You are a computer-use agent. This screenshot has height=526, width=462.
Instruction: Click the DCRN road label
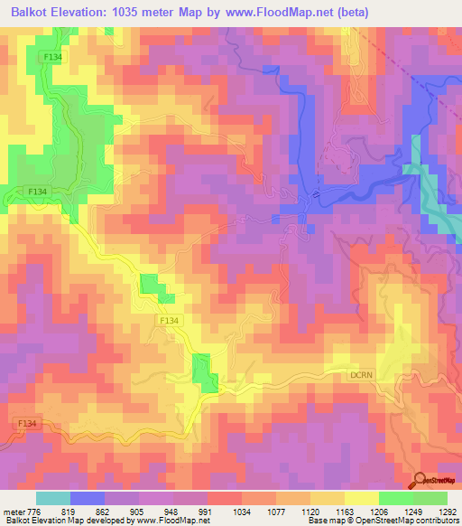click(x=363, y=371)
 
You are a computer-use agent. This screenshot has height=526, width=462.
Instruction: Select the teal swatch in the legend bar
click(x=53, y=498)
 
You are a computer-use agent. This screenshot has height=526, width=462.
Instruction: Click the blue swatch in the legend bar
click(x=88, y=498)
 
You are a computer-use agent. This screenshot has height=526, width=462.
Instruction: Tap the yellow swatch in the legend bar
click(x=362, y=498)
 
